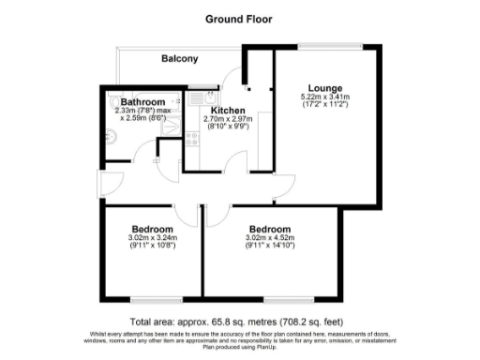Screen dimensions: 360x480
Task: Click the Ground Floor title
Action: tap(239, 18)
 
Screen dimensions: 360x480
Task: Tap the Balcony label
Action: tap(179, 58)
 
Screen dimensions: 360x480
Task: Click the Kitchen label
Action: tap(228, 111)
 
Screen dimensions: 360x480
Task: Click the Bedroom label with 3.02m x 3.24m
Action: tap(151, 230)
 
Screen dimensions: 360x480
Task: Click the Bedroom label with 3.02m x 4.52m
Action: tap(269, 230)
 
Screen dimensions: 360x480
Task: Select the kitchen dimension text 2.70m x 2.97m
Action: tap(228, 120)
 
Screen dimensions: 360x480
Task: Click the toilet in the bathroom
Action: tap(114, 102)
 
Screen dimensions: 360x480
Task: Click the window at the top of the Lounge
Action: tap(328, 47)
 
